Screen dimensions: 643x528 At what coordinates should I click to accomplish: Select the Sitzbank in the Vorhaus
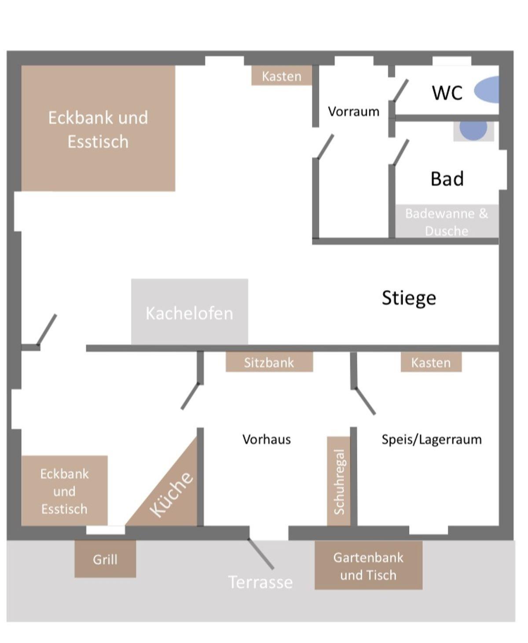tap(269, 362)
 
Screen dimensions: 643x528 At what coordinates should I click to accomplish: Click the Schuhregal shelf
tap(339, 481)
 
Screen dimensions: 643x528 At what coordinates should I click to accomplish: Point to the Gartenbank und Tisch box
tap(368, 566)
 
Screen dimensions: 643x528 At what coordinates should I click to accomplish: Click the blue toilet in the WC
tap(488, 90)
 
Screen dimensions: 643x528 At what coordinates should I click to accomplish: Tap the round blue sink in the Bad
tap(473, 129)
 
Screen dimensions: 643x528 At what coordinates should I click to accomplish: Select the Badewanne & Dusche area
tap(447, 221)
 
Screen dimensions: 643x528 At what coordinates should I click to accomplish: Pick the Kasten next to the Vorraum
tap(282, 76)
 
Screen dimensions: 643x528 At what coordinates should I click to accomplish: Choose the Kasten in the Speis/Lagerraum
tap(431, 362)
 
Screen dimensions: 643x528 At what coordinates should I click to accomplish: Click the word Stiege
tap(409, 298)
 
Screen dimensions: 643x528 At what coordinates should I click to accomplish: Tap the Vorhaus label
tap(267, 439)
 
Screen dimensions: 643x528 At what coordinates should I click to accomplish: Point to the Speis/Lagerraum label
tap(432, 439)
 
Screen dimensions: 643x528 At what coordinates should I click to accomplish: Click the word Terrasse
tap(260, 582)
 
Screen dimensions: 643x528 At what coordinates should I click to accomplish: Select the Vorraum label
tap(353, 111)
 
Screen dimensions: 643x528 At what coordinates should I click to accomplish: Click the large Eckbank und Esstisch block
tap(98, 128)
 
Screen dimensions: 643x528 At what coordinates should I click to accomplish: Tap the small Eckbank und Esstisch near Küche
tap(64, 491)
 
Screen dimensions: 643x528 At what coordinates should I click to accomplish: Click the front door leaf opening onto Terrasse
tap(260, 553)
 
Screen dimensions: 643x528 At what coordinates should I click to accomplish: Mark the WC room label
tap(447, 93)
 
